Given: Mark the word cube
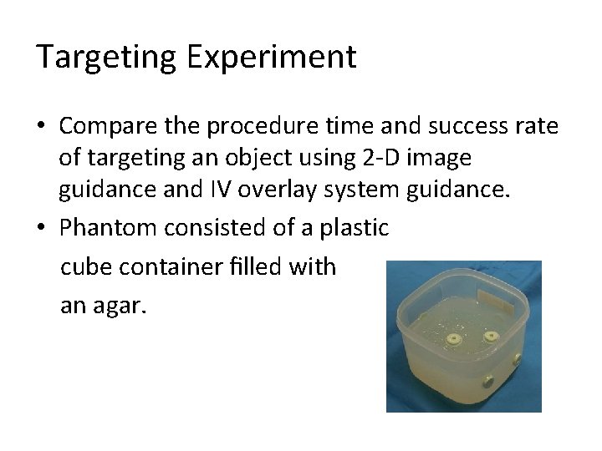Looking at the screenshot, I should pyautogui.click(x=86, y=267).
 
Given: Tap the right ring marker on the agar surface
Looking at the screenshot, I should pyautogui.click(x=489, y=337).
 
